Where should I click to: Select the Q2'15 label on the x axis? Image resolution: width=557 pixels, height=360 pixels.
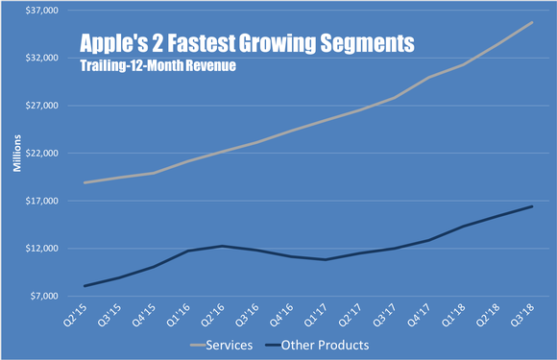(85, 314)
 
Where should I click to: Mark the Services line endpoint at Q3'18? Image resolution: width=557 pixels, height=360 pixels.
(533, 22)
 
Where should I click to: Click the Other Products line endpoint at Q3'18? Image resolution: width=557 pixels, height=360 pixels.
(533, 206)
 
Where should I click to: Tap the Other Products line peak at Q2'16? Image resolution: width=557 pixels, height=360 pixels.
(222, 246)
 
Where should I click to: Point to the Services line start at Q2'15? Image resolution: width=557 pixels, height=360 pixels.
(85, 182)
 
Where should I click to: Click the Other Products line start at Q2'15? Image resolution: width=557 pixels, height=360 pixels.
(85, 286)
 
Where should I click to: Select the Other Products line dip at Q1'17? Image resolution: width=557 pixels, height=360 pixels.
(326, 259)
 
